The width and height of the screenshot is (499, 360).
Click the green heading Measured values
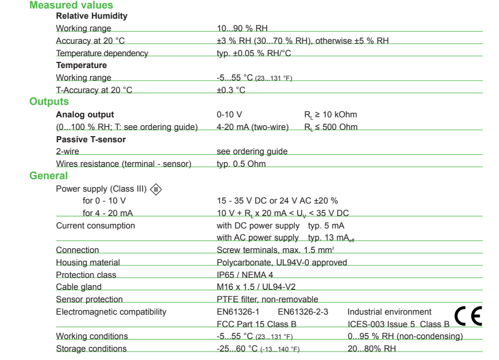[71, 5]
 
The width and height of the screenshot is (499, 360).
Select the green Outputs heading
[49, 101]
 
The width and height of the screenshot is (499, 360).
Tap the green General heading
[49, 176]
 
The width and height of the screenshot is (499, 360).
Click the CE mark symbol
[468, 316]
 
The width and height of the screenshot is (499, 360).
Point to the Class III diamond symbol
[156, 189]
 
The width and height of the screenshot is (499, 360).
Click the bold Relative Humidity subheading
[92, 16]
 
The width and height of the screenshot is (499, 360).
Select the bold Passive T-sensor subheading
[91, 139]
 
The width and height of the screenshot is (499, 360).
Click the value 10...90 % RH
[242, 28]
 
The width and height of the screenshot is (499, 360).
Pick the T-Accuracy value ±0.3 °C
[231, 90]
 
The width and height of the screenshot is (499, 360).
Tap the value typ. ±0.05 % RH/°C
[255, 53]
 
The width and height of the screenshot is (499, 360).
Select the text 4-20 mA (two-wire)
[252, 127]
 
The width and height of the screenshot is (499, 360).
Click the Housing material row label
[88, 262]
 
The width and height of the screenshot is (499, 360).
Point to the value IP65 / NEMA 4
[245, 275]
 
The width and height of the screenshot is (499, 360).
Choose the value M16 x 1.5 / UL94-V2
[256, 287]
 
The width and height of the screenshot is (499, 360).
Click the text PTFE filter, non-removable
[268, 299]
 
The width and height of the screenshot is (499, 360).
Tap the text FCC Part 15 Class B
[256, 324]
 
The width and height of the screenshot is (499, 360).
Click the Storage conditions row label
[91, 349]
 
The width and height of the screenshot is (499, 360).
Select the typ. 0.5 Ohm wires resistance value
[241, 164]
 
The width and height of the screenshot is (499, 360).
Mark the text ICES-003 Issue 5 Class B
[399, 324]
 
